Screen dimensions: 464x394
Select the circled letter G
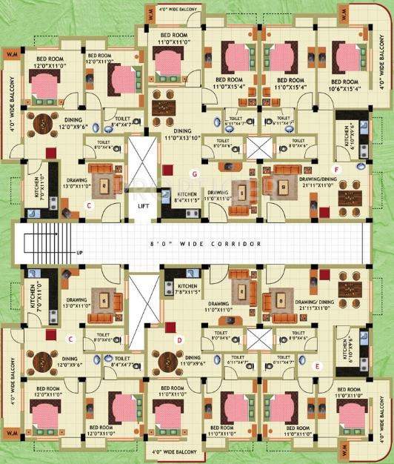tap(195, 173)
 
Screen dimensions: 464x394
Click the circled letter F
tap(336, 170)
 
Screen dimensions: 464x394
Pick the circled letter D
tap(179, 339)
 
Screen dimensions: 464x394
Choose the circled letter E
tap(317, 365)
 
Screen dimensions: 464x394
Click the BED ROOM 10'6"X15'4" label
tap(345, 84)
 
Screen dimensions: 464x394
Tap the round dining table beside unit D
tap(170, 362)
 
